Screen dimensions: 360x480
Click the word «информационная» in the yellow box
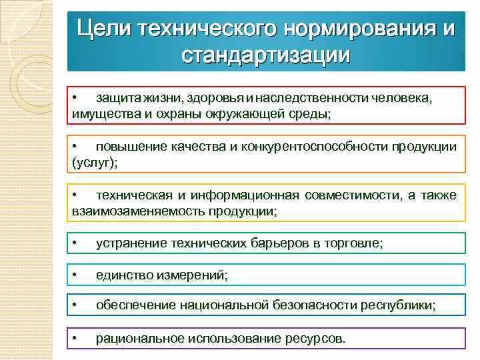tap(244, 195)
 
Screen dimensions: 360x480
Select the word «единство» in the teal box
tap(121, 275)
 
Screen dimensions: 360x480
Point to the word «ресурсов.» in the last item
tap(317, 338)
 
